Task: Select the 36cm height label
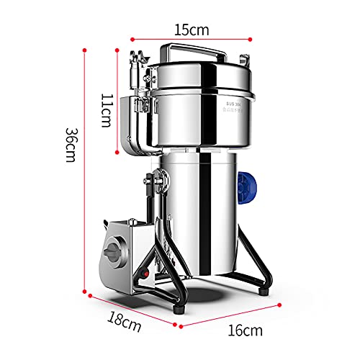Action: point(71,145)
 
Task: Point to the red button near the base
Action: point(144,274)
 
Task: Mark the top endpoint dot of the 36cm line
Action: point(86,50)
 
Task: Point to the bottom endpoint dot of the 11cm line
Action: point(117,151)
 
